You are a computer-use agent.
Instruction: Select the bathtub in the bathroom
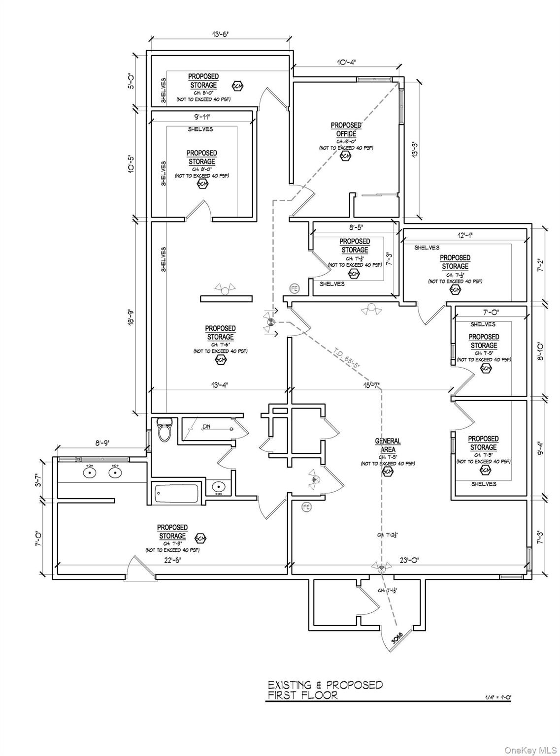coord(176,493)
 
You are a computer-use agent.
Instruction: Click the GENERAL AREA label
coord(388,445)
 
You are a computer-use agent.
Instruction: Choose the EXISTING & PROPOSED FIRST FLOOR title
coord(325,690)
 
